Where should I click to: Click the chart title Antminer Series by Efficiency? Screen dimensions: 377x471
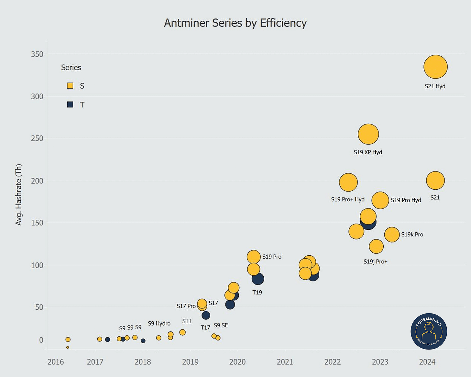(x=235, y=23)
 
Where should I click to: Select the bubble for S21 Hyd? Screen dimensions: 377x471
(x=435, y=67)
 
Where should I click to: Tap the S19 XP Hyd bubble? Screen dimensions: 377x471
(x=368, y=134)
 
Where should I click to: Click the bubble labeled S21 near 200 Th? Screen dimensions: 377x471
(x=435, y=181)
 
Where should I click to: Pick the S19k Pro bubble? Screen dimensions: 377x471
(x=392, y=235)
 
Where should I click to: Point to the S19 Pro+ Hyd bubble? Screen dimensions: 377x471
(x=348, y=183)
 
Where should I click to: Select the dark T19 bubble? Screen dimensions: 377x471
(x=258, y=279)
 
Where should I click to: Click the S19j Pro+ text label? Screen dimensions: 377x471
(x=375, y=261)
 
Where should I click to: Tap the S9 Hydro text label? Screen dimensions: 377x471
(x=159, y=323)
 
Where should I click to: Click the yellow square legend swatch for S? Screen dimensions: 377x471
(x=70, y=86)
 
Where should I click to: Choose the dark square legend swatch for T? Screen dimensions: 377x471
(x=70, y=105)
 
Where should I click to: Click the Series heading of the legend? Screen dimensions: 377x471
(x=71, y=68)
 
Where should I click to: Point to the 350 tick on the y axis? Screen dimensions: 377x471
(x=37, y=54)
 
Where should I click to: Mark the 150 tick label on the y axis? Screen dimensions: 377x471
(x=37, y=223)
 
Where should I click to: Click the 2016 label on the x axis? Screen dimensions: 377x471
(x=56, y=362)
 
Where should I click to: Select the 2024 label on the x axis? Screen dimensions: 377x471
(x=427, y=362)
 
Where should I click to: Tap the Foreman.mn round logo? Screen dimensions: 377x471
(x=429, y=331)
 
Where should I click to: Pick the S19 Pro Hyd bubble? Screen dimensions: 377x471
(x=380, y=200)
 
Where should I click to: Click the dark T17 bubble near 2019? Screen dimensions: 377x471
(x=206, y=315)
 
